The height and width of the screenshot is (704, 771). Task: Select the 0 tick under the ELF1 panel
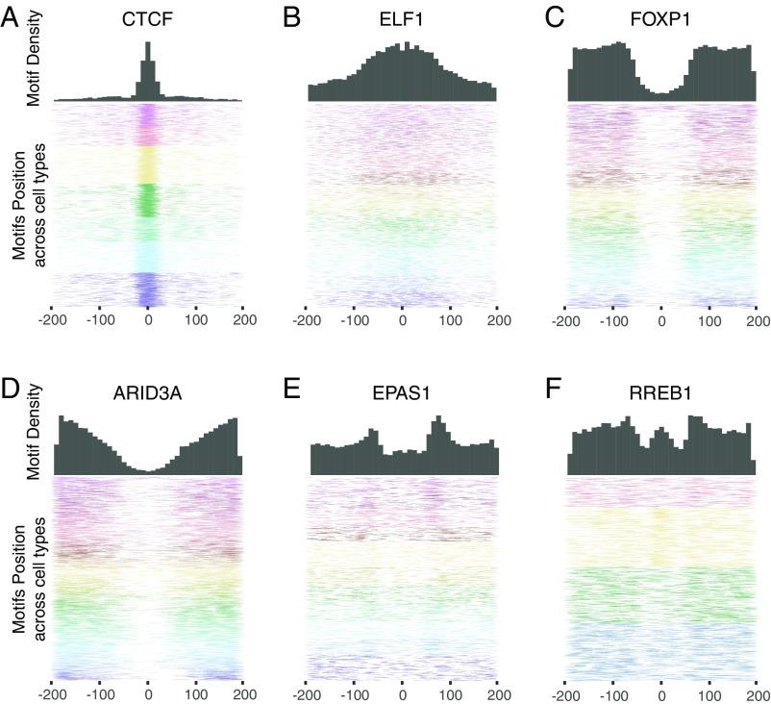(x=402, y=321)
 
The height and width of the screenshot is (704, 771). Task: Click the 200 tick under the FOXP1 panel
(x=756, y=321)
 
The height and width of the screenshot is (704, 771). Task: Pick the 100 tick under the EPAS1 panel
(x=450, y=692)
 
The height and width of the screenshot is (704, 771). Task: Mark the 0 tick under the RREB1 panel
(x=660, y=692)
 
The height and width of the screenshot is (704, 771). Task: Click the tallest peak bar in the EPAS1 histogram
(x=439, y=446)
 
